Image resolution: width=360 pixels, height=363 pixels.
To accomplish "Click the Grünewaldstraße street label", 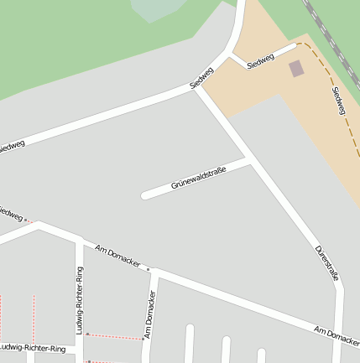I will pos(199,178).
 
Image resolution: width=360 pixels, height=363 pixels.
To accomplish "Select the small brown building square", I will pos(297,68).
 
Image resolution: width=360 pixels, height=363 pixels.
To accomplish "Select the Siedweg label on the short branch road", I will pos(261,60).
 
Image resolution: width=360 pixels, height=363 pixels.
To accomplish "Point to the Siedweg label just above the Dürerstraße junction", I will pos(202,78).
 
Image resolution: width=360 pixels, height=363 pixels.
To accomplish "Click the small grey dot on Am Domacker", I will pos(149,269).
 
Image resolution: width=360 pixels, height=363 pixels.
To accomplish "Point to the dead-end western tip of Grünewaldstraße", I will pos(145,195).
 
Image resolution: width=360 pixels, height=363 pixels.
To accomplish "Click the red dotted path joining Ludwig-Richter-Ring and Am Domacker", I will pos(114,336).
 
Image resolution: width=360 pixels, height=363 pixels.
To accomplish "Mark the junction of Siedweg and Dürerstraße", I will pos(195,86).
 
